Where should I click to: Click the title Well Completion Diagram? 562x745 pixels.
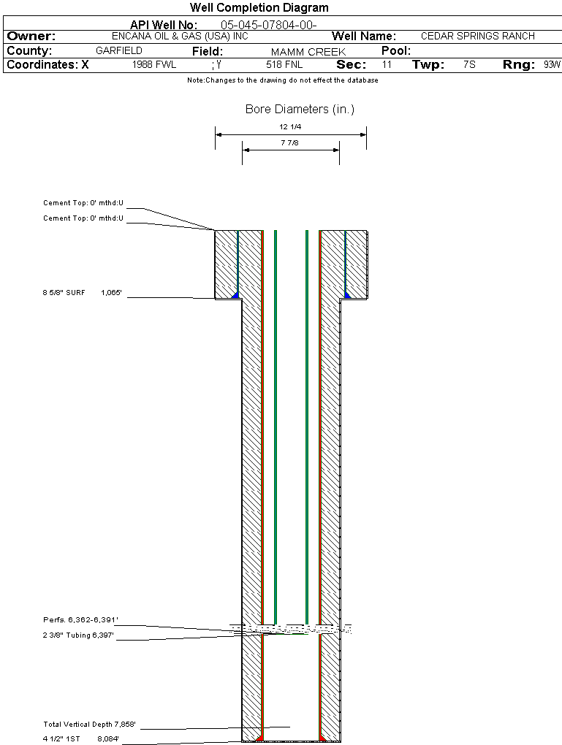tap(259, 7)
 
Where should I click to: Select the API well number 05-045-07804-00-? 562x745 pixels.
tap(269, 25)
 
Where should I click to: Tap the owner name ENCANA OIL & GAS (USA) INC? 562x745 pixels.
tap(180, 36)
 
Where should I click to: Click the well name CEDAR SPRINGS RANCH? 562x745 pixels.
tap(478, 36)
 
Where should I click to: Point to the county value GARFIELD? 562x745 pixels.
tap(119, 50)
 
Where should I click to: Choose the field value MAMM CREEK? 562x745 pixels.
tap(308, 52)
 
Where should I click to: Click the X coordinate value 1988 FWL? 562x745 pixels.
tap(154, 64)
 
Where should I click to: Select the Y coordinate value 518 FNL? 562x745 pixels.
tap(284, 64)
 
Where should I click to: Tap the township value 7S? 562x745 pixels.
tap(469, 64)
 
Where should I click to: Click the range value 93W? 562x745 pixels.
tap(552, 64)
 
